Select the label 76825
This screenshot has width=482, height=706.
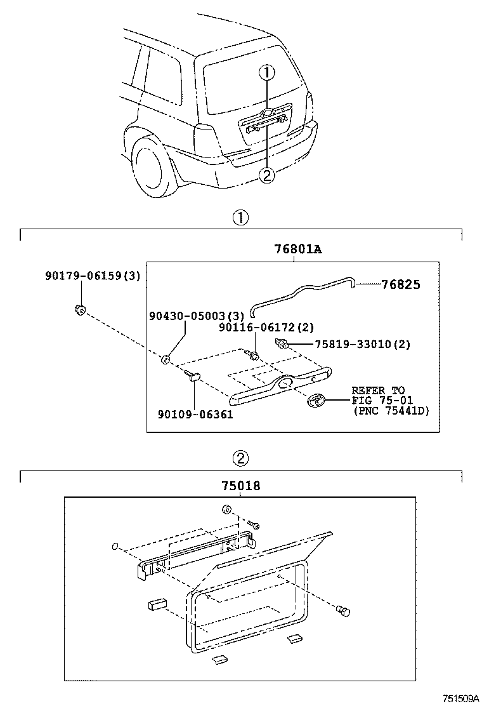coord(401,284)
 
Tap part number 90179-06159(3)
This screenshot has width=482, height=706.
coord(93,276)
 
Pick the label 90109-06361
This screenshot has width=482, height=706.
coord(195,414)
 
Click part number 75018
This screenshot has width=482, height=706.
coord(241,486)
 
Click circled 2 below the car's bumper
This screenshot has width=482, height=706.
coord(268,175)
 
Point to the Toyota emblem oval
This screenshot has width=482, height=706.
coord(316,401)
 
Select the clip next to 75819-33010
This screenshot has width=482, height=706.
coord(282,345)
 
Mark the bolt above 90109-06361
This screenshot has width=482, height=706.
coord(192,377)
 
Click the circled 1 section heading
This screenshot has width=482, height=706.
coord(240,218)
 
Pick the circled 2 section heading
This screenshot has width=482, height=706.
coord(240,458)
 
